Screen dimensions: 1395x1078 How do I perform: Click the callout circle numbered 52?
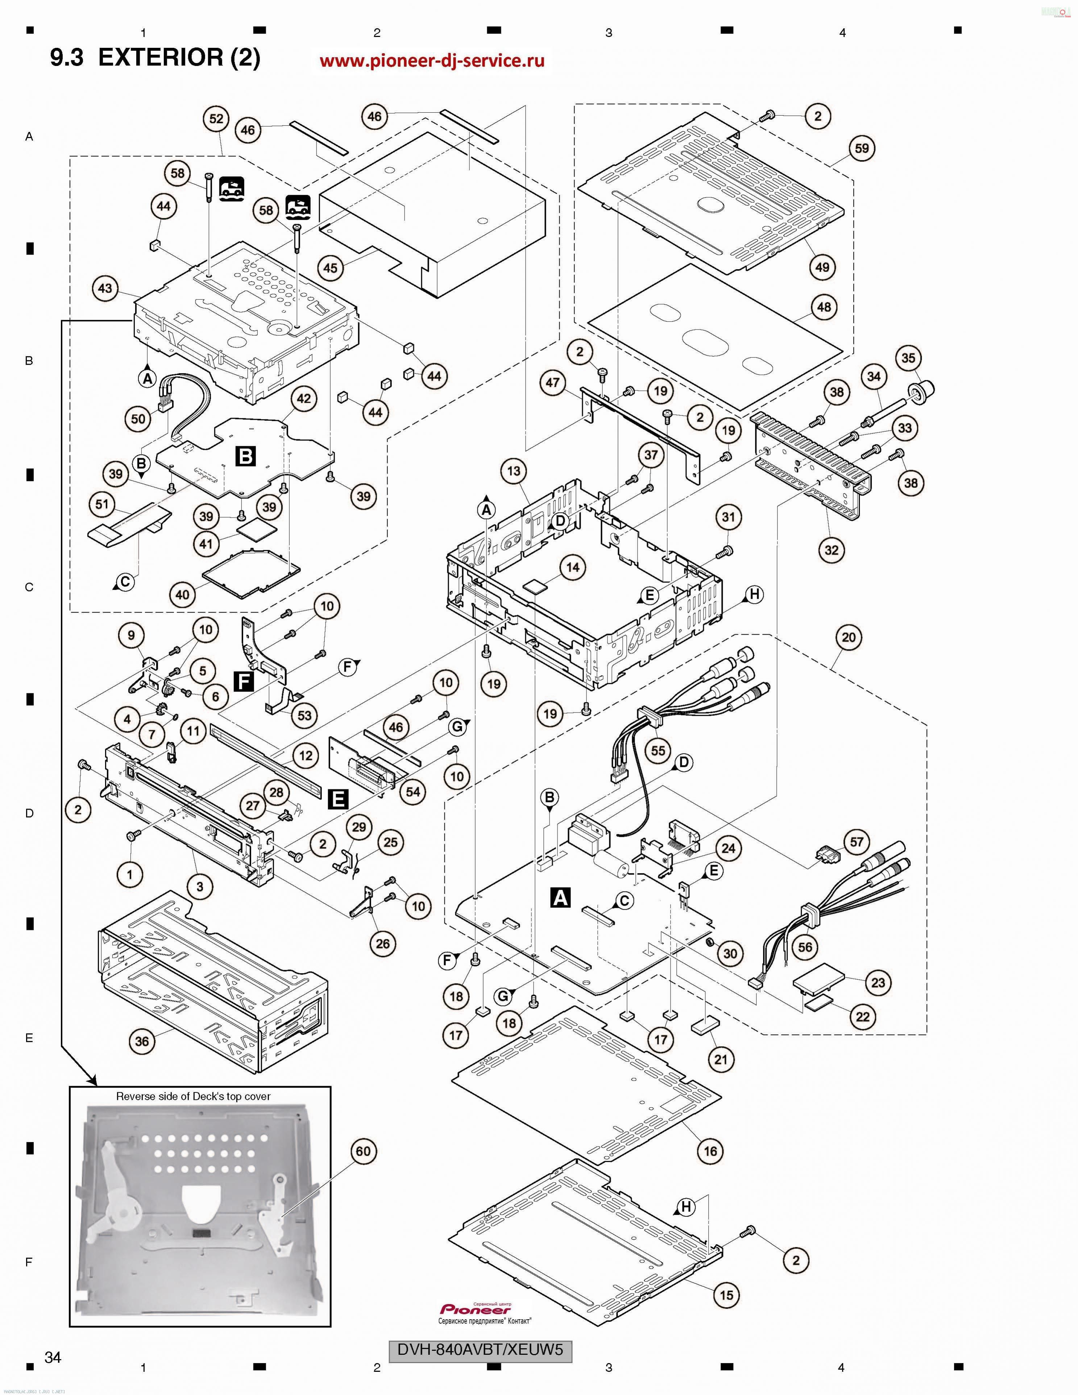coord(216,119)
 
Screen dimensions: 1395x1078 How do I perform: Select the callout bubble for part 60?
coord(363,1151)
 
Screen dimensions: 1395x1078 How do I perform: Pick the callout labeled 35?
coord(908,358)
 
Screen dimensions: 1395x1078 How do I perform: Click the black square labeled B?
coord(245,456)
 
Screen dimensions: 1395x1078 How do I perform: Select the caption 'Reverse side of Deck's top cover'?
coord(193,1096)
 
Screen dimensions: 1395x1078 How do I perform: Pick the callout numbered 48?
coord(824,307)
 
